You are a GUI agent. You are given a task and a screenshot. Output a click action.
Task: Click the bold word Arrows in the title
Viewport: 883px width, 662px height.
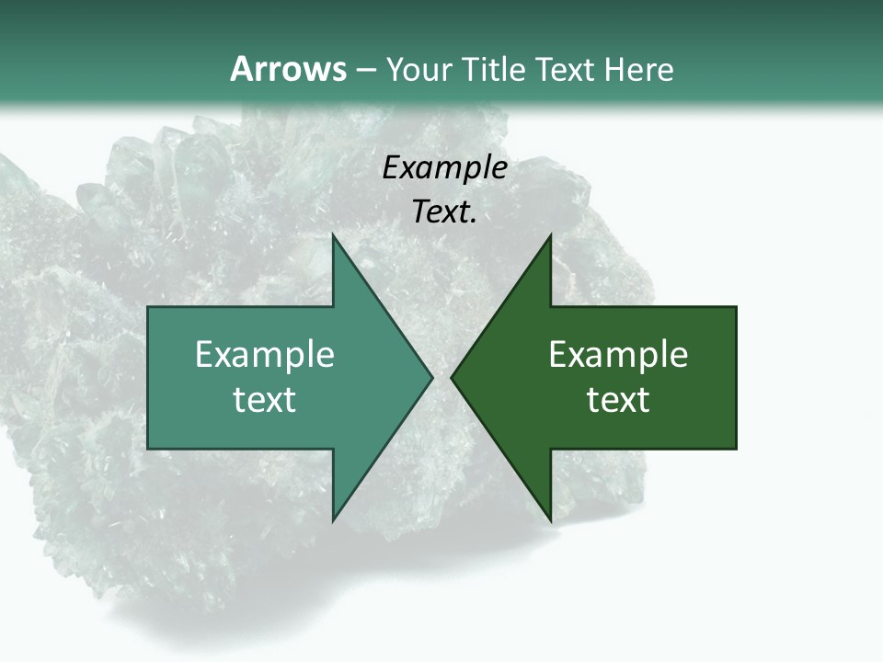(x=287, y=69)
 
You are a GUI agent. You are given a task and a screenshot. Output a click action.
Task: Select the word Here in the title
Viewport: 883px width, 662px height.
(x=638, y=69)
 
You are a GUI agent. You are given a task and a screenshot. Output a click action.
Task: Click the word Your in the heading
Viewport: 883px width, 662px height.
(x=419, y=69)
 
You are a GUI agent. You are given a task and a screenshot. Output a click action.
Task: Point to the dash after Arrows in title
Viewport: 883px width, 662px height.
(x=365, y=70)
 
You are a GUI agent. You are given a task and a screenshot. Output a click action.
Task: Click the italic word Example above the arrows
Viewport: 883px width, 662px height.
(x=444, y=168)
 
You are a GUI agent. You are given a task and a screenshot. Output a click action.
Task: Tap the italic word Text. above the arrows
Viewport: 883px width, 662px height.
(x=444, y=212)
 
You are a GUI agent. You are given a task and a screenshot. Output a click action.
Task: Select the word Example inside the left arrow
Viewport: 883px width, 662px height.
(x=265, y=355)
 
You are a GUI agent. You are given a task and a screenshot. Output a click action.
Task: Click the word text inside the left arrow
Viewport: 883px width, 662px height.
(x=265, y=400)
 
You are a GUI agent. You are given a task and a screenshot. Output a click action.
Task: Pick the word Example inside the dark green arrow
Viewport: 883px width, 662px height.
(x=618, y=355)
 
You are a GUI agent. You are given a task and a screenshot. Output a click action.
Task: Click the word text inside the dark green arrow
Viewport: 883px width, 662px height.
(x=618, y=400)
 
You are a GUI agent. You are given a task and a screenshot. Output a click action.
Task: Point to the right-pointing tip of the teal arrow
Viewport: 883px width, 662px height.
(x=431, y=377)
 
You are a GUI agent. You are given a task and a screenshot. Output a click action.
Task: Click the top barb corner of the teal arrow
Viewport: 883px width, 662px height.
(x=334, y=235)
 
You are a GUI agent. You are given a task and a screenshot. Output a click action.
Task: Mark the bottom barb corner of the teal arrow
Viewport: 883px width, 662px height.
(x=334, y=519)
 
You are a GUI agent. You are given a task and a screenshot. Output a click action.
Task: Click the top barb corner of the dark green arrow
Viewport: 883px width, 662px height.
(x=550, y=235)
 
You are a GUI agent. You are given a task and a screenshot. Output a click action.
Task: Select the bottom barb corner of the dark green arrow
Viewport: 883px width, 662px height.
(x=550, y=519)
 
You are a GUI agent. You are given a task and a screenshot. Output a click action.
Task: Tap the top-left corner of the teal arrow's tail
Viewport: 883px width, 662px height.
(x=149, y=308)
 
